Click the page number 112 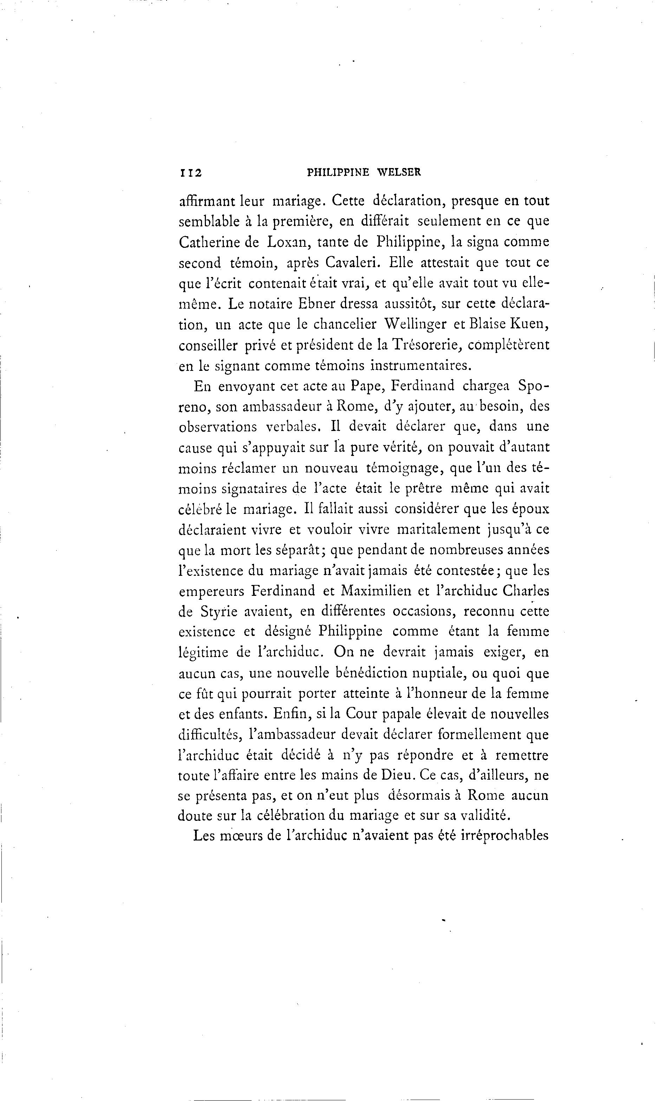coord(190,173)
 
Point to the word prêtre coord(421,488)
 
